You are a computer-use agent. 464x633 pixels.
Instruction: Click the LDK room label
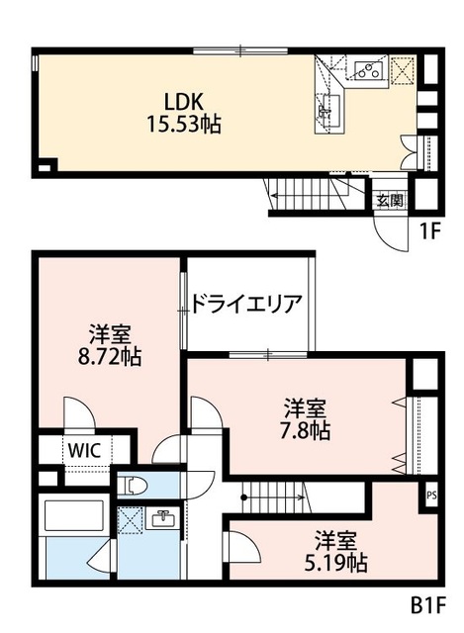tap(184, 102)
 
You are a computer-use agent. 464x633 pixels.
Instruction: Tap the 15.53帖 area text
tap(184, 125)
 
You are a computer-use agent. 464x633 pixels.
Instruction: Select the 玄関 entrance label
tap(389, 200)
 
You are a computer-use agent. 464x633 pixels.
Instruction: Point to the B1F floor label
tap(428, 602)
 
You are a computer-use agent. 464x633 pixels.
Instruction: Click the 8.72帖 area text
tap(108, 357)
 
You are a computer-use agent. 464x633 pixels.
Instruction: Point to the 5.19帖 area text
tap(336, 563)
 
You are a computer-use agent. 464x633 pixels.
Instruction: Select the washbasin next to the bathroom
tap(162, 518)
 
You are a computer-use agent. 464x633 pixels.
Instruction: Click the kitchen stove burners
tap(368, 69)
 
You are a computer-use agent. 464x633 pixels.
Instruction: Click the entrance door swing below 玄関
tap(386, 226)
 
